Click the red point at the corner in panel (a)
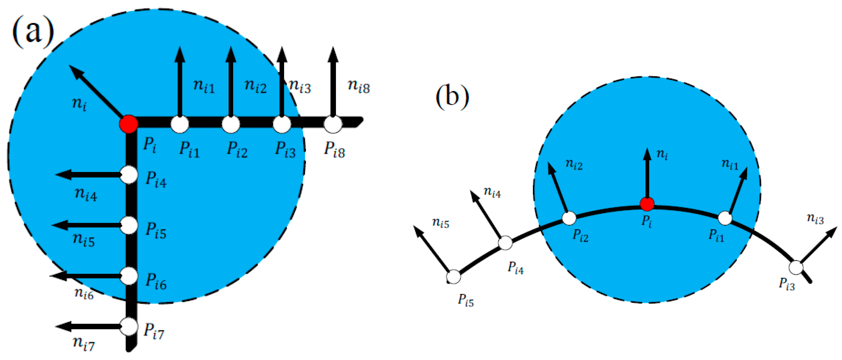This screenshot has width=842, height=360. click(128, 124)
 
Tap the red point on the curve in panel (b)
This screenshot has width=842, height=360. click(647, 204)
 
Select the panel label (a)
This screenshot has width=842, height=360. click(33, 32)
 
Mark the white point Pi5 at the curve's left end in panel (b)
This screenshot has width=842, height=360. click(454, 277)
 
